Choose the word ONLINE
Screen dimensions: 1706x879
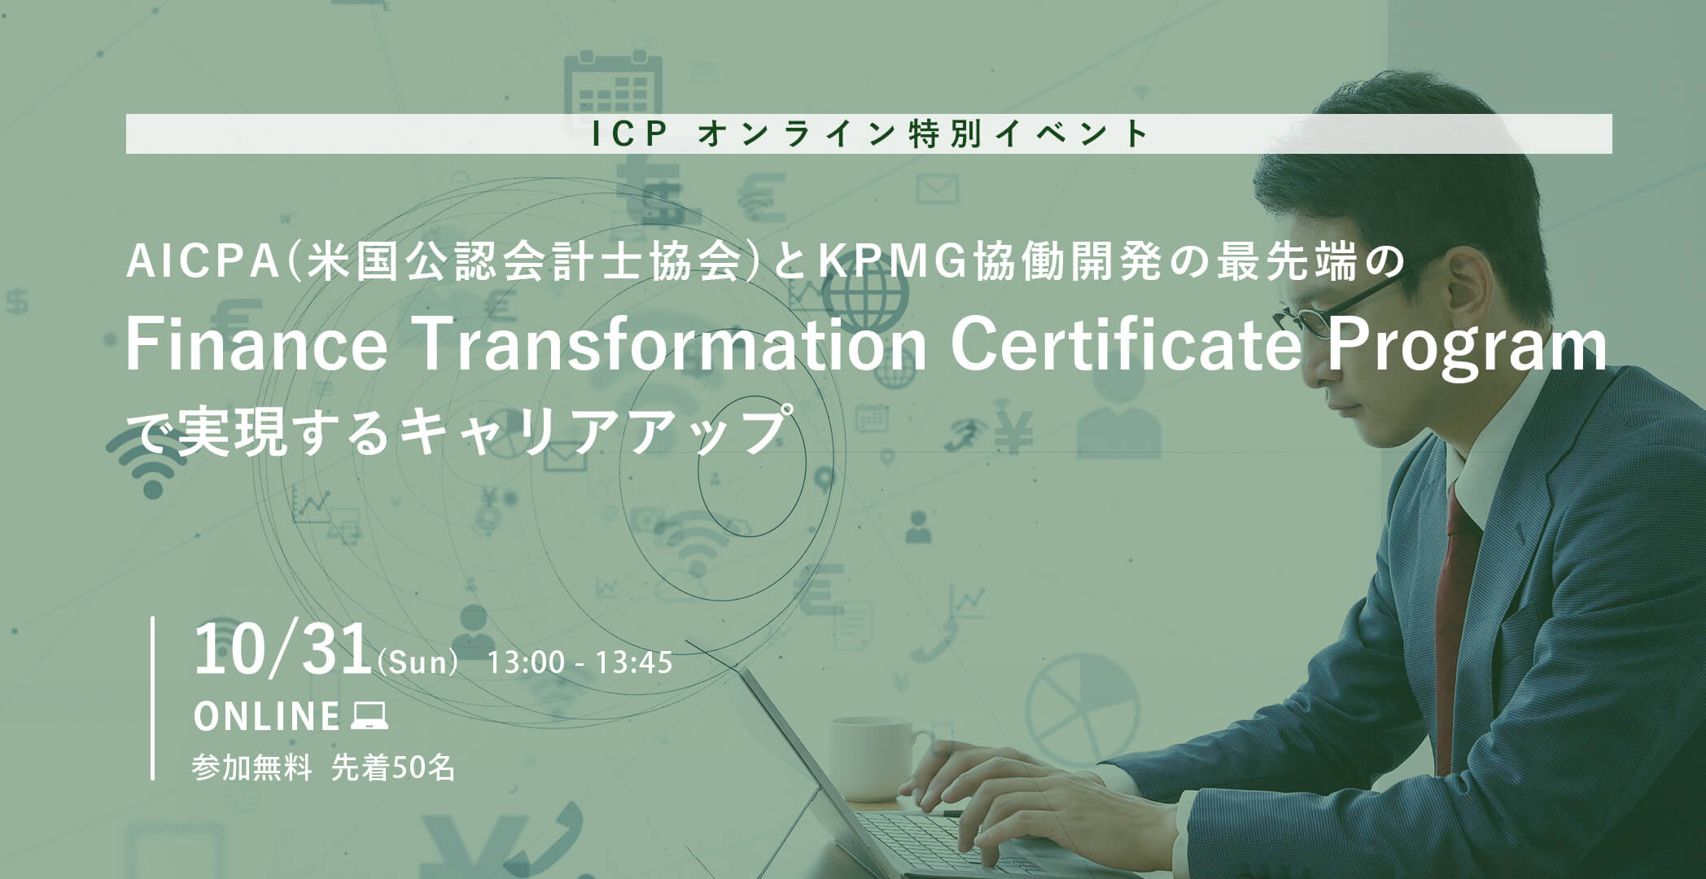266,717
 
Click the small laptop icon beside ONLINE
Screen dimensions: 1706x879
369,717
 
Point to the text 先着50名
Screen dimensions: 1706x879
393,767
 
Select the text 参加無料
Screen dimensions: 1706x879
252,767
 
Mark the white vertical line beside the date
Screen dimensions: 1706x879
152,698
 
